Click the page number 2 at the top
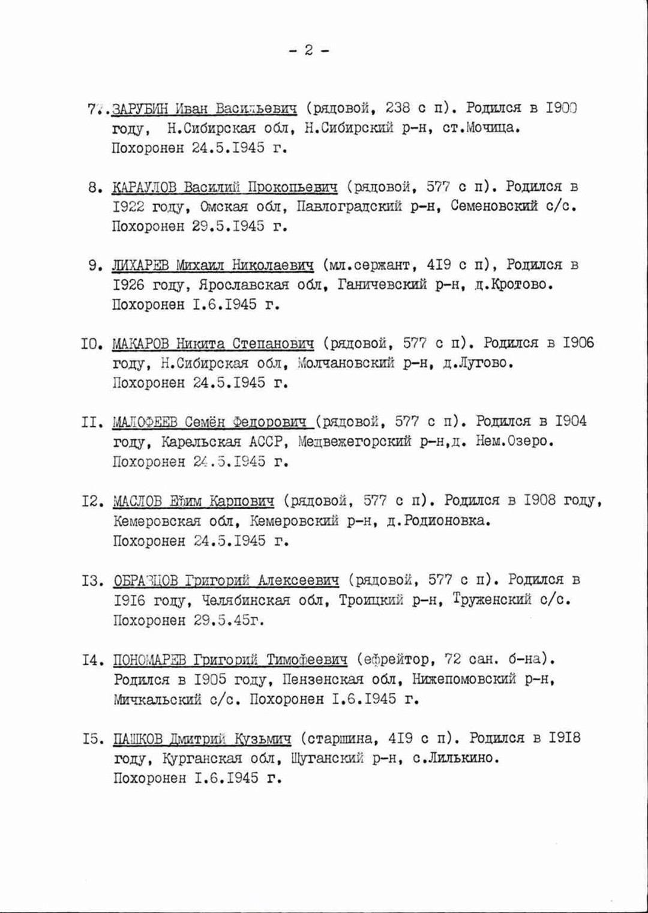(308, 50)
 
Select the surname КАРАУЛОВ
(144, 187)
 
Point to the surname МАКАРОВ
(140, 344)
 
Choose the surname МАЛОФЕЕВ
(145, 422)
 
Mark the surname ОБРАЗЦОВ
(146, 580)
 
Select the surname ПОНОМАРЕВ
(149, 660)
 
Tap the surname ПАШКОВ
(137, 738)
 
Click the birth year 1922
(128, 206)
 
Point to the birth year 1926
(128, 285)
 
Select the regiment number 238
(398, 108)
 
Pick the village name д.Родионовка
(438, 520)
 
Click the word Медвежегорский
(355, 442)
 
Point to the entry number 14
(93, 660)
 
